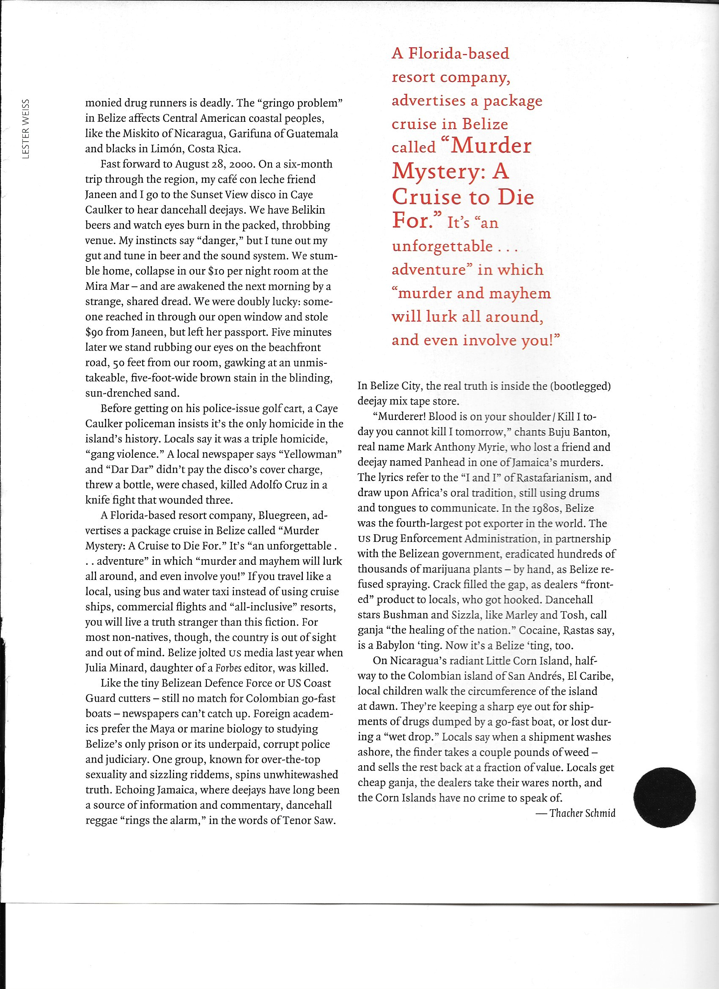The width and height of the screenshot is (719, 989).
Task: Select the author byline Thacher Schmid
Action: click(582, 813)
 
